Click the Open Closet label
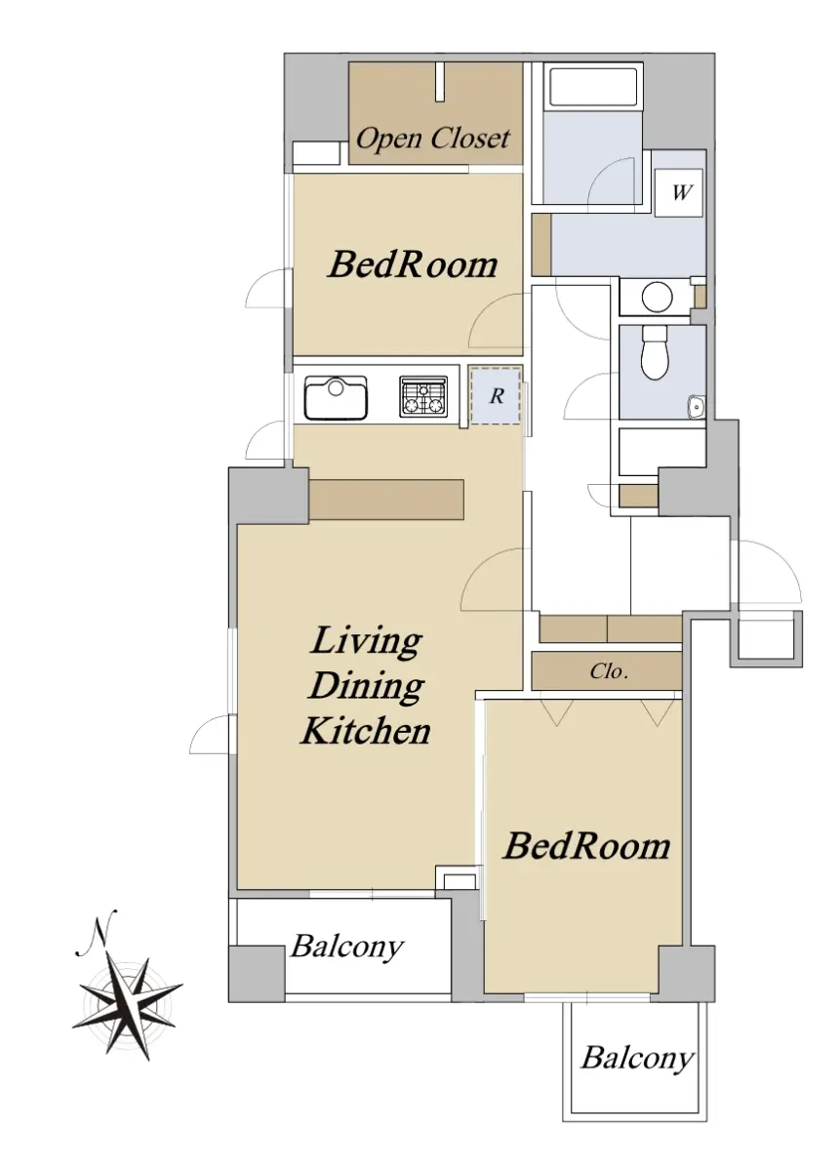(x=432, y=139)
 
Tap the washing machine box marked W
(x=679, y=192)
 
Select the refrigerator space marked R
(x=496, y=395)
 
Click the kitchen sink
(x=336, y=398)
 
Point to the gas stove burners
(x=423, y=397)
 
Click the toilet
(x=655, y=353)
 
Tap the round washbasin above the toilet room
(x=657, y=297)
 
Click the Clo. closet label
(x=609, y=670)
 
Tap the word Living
(x=366, y=643)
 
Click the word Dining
(x=366, y=687)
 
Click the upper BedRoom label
(x=413, y=264)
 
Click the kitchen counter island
(x=386, y=500)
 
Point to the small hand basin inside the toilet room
(x=697, y=406)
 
